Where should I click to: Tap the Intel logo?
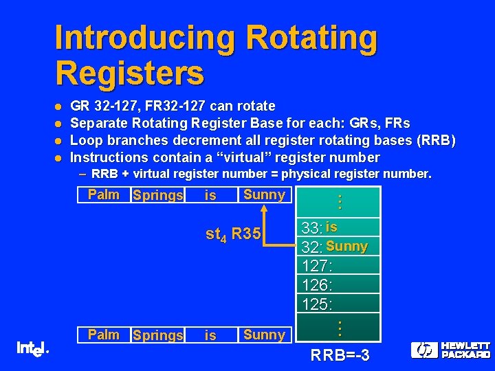point(32,349)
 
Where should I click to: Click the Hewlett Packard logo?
point(450,350)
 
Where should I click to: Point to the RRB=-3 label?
point(340,356)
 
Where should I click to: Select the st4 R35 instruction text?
point(233,234)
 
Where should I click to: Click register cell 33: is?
point(339,227)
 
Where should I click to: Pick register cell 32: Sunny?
point(339,247)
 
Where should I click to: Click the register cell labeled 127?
point(339,265)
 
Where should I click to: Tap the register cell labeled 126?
point(339,284)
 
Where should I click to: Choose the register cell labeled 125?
point(339,302)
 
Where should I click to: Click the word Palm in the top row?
point(104,194)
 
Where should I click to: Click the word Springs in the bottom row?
point(158,335)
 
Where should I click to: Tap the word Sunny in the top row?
point(264,194)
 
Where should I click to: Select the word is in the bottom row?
point(210,335)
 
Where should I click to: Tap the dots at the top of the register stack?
point(339,201)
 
